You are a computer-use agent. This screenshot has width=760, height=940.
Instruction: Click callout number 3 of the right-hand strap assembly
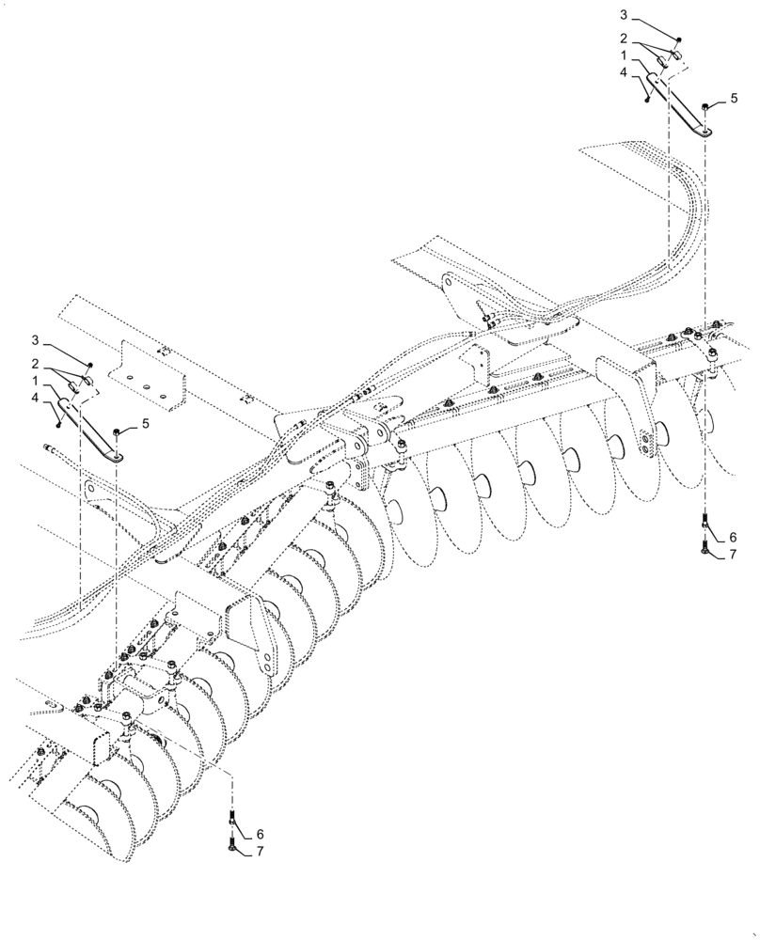point(624,16)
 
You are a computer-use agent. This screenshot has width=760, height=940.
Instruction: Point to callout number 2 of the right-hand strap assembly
point(624,39)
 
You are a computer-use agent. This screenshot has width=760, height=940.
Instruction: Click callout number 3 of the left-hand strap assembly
point(34,339)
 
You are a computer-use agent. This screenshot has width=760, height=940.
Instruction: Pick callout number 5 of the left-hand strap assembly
point(146,424)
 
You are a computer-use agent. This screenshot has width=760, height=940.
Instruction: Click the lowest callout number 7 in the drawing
point(260,853)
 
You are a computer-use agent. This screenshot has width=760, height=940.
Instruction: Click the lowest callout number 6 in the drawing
point(260,833)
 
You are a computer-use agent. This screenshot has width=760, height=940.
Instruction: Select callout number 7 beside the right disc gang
point(732,556)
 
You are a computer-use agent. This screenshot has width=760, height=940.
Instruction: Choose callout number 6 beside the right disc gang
point(732,537)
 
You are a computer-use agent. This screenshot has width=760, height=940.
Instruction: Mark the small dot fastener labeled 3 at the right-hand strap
point(678,39)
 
